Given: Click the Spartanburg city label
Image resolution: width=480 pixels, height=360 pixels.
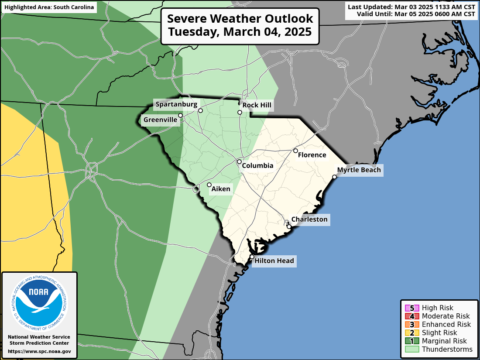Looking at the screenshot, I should (x=176, y=104).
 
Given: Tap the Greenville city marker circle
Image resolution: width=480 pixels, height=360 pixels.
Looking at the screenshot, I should (x=180, y=116).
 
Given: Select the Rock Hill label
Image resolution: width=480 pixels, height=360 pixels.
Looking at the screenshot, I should (x=257, y=105).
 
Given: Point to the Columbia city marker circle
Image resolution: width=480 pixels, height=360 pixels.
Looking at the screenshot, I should (x=239, y=162).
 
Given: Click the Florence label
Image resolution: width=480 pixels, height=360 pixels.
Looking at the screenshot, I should (x=312, y=155).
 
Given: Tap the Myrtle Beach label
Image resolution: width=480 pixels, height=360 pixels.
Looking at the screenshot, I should (x=359, y=170).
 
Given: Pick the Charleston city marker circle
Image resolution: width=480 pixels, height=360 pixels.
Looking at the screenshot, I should (x=289, y=227).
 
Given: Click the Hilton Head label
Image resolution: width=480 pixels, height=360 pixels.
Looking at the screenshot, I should (x=274, y=261).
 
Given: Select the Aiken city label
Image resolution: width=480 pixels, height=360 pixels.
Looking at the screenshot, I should (x=221, y=189).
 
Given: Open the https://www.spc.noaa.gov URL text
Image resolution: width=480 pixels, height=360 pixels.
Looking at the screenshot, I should (x=39, y=351).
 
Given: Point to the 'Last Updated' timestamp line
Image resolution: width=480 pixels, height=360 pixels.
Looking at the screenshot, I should (x=411, y=7).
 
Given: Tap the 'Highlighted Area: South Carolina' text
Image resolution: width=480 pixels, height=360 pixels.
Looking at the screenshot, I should (x=49, y=7).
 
